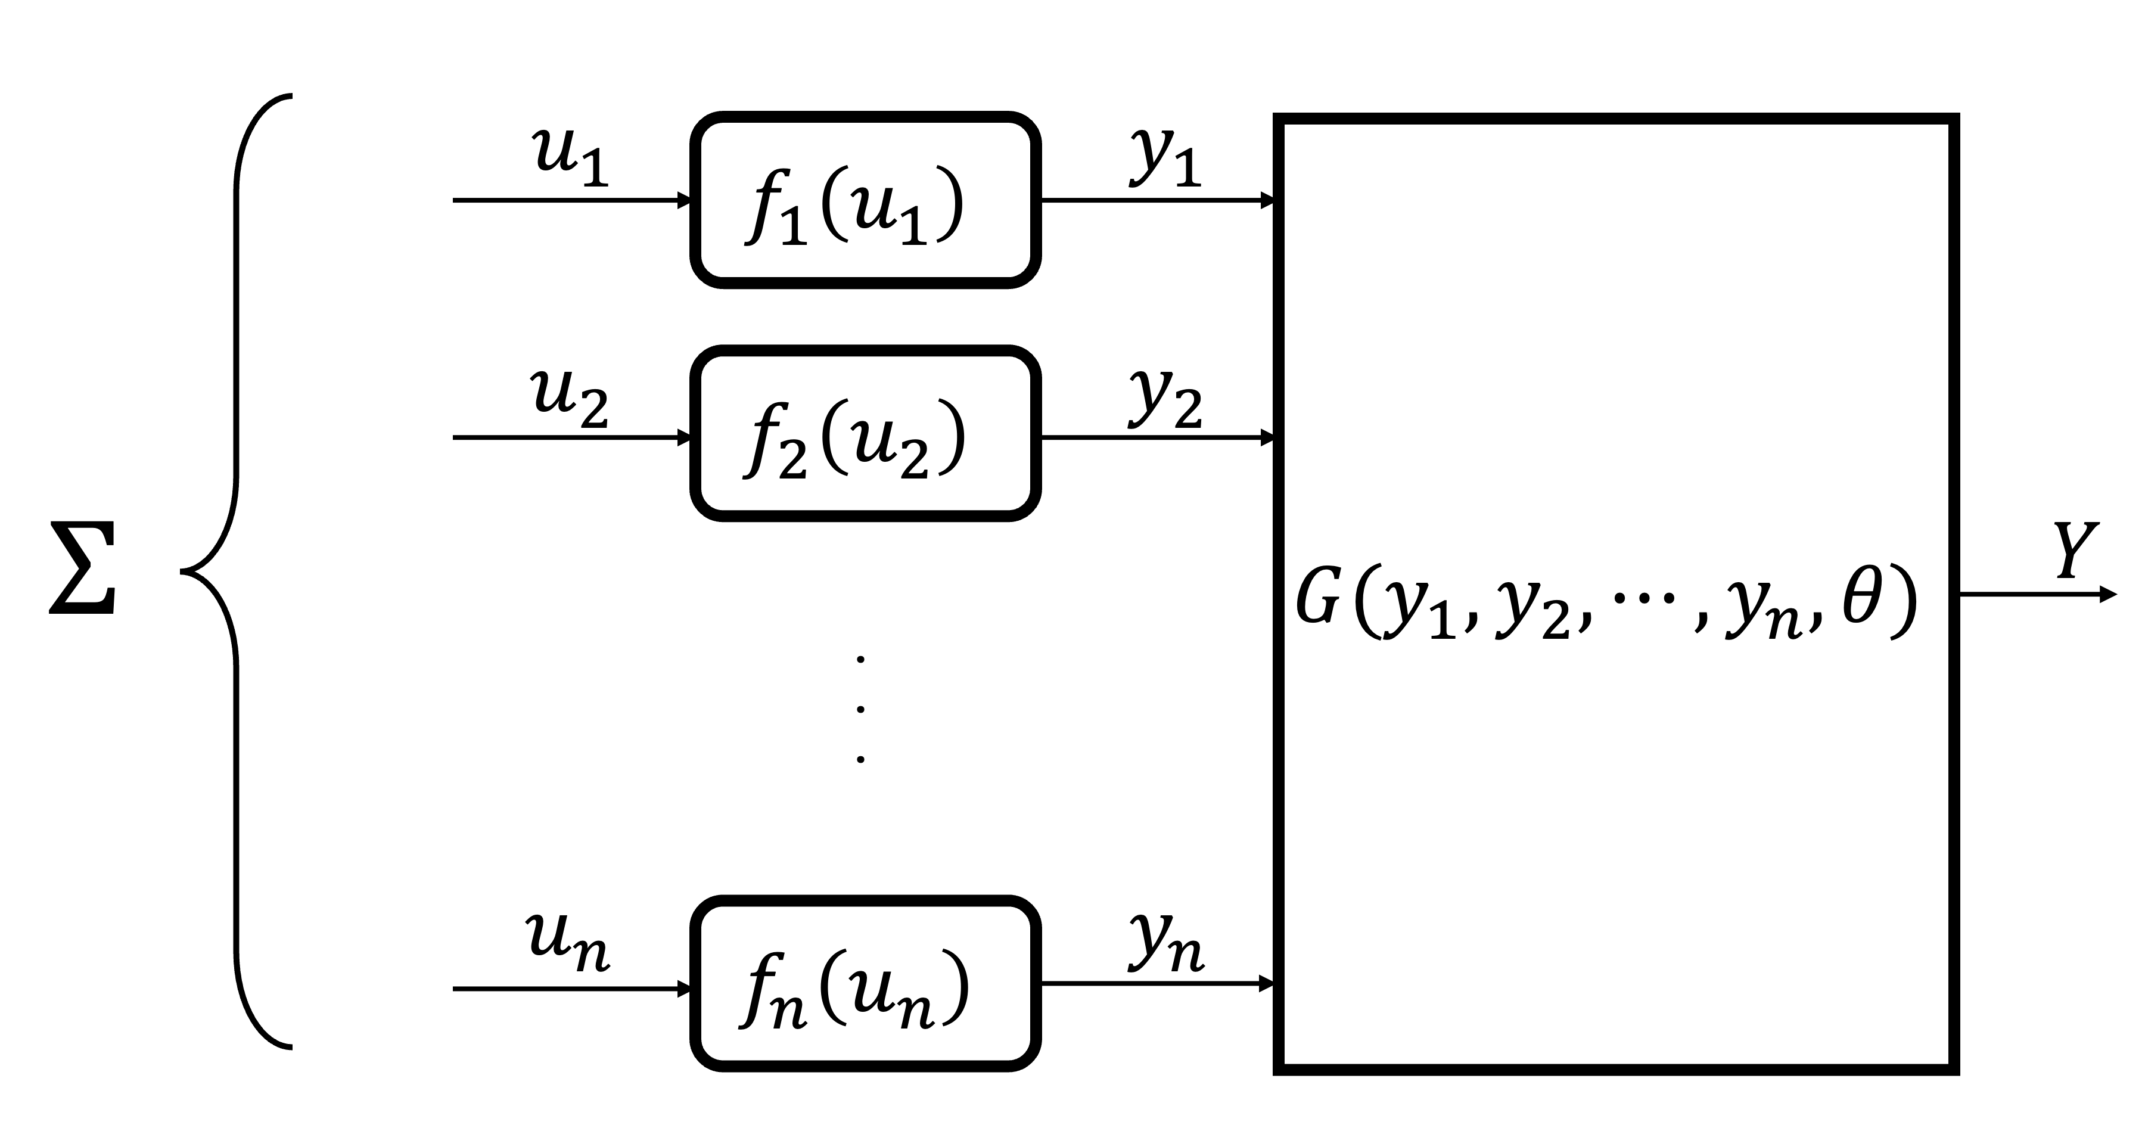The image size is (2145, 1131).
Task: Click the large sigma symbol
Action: (x=82, y=569)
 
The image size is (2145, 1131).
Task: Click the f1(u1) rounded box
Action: (x=865, y=200)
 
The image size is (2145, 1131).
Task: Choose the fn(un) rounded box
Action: (x=865, y=984)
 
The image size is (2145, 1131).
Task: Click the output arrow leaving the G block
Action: (x=2036, y=595)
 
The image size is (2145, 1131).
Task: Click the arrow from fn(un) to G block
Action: (x=1158, y=984)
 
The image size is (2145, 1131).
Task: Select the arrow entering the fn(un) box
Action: (x=572, y=989)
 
